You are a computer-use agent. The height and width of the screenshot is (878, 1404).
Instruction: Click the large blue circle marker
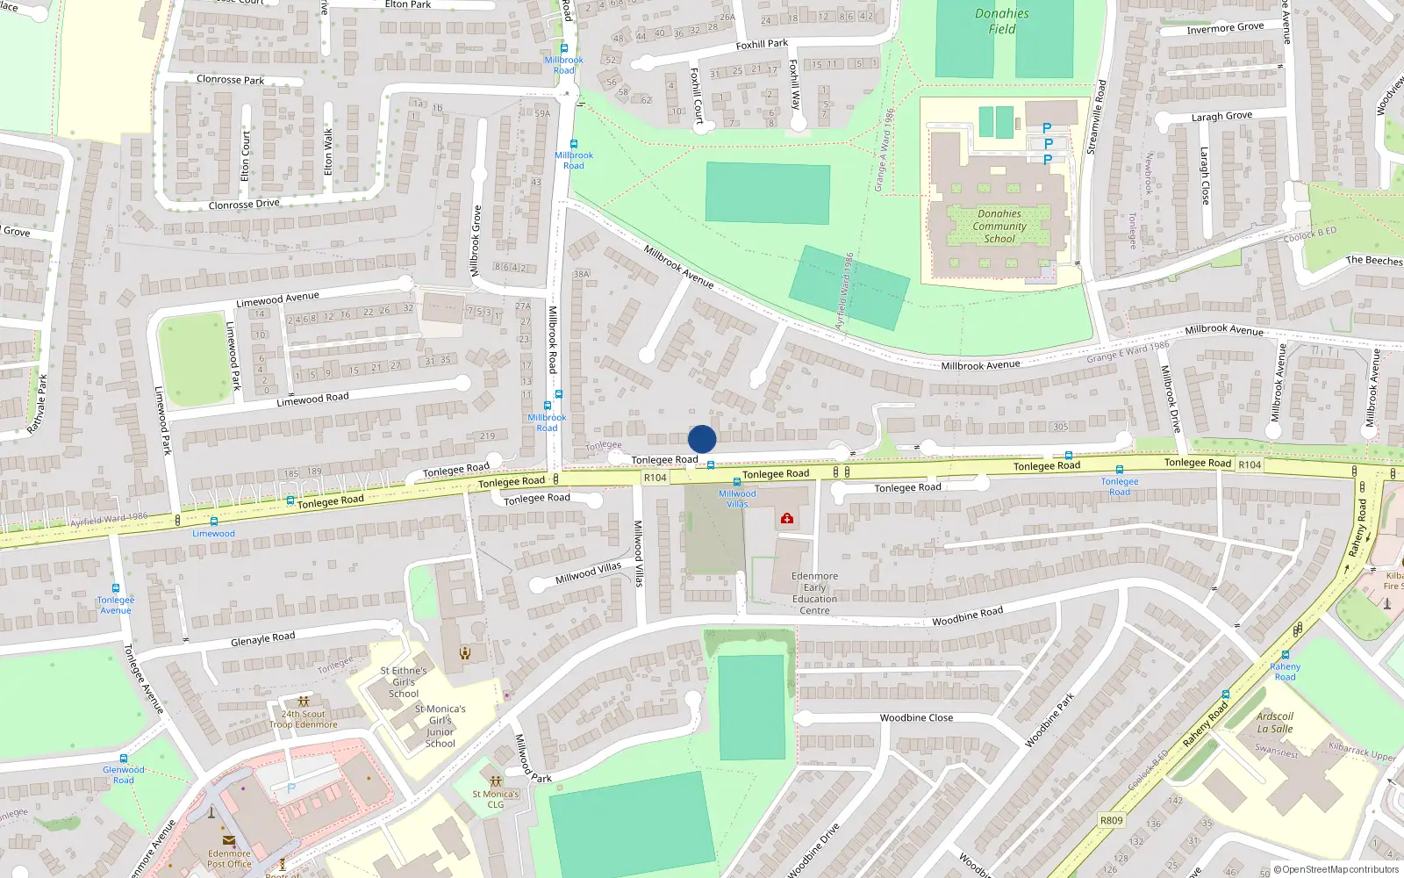[702, 439]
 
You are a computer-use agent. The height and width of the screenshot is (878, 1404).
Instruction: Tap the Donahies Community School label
[999, 227]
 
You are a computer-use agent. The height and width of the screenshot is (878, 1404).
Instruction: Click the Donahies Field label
[1001, 21]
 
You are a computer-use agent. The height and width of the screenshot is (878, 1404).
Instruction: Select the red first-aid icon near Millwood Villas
[787, 519]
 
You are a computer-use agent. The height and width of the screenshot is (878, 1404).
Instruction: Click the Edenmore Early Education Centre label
[814, 594]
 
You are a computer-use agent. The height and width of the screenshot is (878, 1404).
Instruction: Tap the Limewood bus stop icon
[214, 522]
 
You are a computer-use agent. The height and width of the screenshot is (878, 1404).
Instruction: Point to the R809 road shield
[1111, 820]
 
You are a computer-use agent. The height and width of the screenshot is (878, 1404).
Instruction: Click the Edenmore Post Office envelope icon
[229, 841]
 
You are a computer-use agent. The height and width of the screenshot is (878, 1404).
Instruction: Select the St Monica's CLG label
[496, 799]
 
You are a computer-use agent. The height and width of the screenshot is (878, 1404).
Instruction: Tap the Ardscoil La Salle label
[1275, 723]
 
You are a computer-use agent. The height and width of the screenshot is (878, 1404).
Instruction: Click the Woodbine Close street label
[916, 717]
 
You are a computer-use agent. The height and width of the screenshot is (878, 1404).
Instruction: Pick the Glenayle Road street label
[262, 639]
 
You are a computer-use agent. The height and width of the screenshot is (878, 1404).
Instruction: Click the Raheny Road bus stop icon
[1286, 655]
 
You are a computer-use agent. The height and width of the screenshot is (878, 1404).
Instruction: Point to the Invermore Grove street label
[1225, 28]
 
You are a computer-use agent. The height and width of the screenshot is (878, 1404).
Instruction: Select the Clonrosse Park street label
[230, 80]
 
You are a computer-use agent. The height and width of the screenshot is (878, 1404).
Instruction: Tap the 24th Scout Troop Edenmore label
[304, 719]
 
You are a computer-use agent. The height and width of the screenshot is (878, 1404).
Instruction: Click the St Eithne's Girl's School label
[404, 681]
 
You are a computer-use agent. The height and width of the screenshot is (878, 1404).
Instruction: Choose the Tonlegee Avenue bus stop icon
[116, 588]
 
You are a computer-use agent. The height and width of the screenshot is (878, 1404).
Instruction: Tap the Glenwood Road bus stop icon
[124, 759]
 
